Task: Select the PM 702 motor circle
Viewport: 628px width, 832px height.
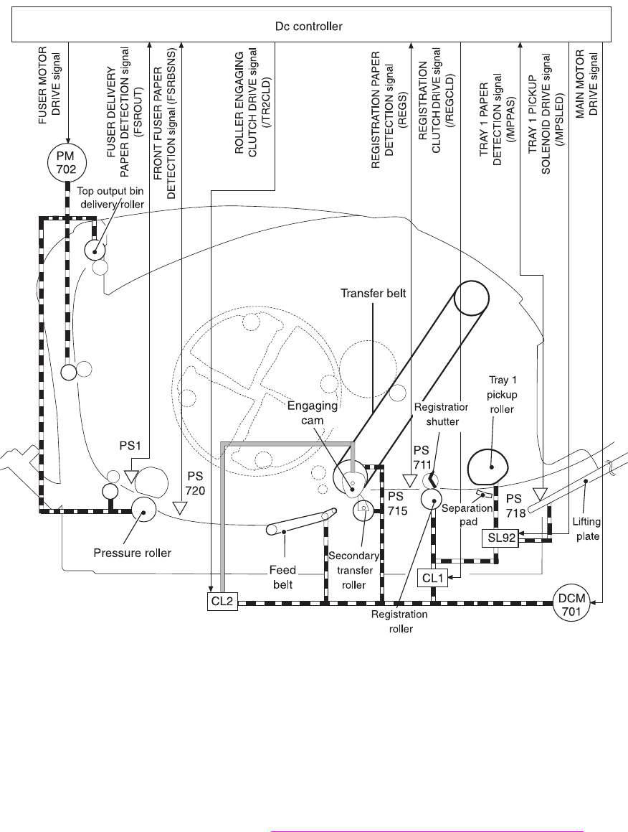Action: (66, 162)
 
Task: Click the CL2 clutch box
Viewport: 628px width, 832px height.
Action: (222, 602)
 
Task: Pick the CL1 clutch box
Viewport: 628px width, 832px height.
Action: (433, 578)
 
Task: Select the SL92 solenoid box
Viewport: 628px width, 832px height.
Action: (501, 538)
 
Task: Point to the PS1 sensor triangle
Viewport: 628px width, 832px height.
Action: (131, 476)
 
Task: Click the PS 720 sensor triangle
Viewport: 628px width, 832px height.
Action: (181, 508)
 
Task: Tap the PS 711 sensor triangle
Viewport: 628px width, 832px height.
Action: (408, 481)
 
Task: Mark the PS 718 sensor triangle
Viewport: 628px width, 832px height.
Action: (540, 495)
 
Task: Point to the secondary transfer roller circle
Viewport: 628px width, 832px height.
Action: (363, 510)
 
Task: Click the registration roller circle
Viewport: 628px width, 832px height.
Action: (432, 500)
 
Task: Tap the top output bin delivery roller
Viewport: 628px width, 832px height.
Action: (95, 249)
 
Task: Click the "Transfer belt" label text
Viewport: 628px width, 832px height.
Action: (373, 294)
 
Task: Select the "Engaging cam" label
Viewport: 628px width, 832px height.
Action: (312, 413)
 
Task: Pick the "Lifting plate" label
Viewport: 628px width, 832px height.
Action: (586, 529)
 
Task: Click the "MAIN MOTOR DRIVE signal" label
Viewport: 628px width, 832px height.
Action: (586, 84)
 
